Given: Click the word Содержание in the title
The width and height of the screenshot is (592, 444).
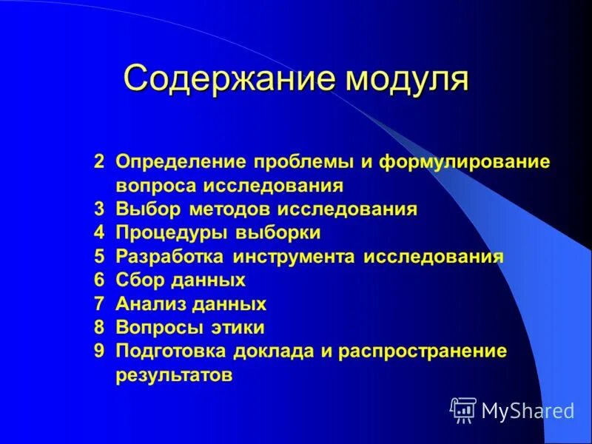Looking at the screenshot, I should click(226, 78).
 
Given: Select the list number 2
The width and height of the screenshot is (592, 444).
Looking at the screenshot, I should click(99, 162).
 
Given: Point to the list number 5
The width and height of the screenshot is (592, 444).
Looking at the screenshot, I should click(99, 257).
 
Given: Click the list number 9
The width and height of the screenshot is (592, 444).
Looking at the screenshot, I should click(99, 351).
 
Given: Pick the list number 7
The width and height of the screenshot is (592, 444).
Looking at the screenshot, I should click(99, 304).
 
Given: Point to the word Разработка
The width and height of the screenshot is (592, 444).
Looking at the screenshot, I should click(171, 257).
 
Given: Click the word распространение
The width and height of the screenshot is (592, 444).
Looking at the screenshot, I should click(423, 351).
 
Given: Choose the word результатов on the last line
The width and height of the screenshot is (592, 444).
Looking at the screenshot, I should click(174, 375).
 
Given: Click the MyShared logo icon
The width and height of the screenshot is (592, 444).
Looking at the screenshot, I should click(463, 410).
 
